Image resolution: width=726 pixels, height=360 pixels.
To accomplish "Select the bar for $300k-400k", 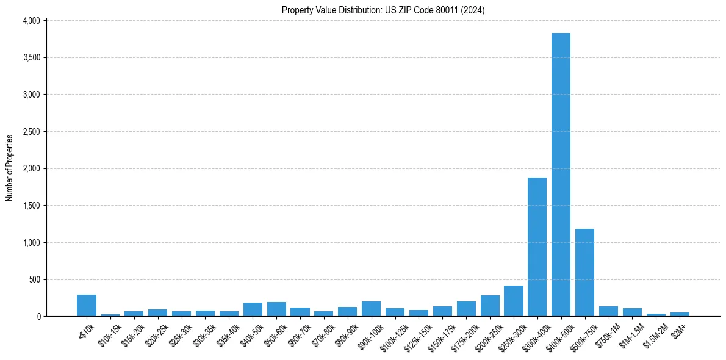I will pos(537,247).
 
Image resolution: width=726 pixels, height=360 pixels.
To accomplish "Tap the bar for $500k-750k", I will pos(584,272).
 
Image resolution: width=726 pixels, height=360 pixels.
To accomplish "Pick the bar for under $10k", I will pos(87,306).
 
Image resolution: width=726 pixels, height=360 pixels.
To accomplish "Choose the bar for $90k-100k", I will pos(371,309).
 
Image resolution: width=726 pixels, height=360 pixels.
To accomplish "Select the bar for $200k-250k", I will pos(489,306).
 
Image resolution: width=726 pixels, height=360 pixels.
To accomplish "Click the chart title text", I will pos(383,10).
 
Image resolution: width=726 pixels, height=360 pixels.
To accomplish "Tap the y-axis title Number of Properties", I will pos(10,168).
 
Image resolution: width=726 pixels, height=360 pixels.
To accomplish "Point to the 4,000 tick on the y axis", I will pos(31,21).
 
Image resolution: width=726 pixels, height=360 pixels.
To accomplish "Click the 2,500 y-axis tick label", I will pos(31,132).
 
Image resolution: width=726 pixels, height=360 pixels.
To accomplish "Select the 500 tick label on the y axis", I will pos(34,280).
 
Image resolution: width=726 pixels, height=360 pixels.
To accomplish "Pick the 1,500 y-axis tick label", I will pos(31,206).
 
